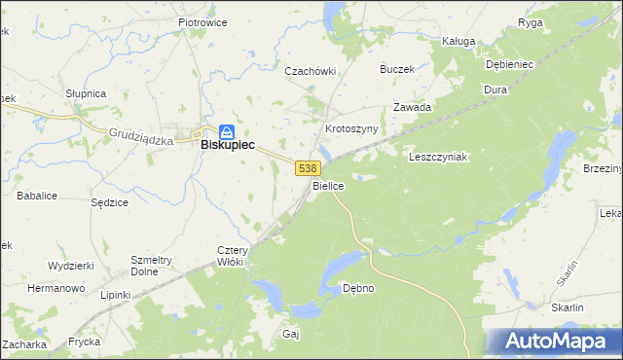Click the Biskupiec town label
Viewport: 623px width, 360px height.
(227, 144)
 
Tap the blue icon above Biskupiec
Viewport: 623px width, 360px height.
(227, 129)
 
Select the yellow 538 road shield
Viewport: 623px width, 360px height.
(307, 168)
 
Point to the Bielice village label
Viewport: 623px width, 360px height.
(328, 184)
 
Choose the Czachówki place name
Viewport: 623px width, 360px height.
(310, 71)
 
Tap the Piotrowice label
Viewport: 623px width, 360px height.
(202, 21)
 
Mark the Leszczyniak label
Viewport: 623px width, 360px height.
(439, 156)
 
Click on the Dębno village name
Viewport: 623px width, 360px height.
(358, 288)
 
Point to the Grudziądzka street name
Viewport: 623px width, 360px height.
(141, 137)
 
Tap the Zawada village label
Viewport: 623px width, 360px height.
(412, 108)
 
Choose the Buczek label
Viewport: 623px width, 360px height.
(397, 69)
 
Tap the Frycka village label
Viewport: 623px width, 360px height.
(86, 342)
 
